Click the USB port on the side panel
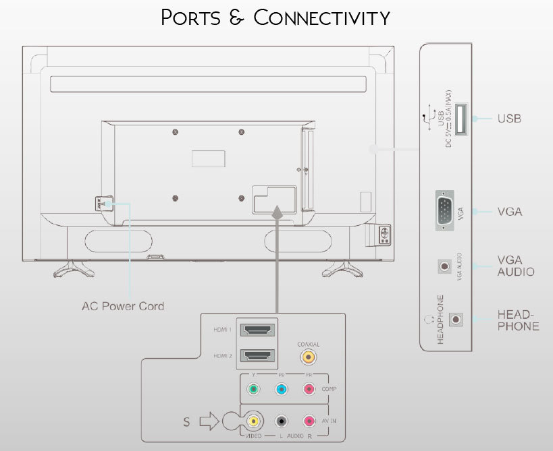pyautogui.click(x=463, y=120)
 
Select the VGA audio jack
pyautogui.click(x=444, y=266)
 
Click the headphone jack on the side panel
pyautogui.click(x=458, y=319)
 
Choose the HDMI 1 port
pyautogui.click(x=257, y=330)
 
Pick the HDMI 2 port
pyautogui.click(x=257, y=355)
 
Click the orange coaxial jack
pyautogui.click(x=309, y=359)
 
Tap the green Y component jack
pyautogui.click(x=253, y=389)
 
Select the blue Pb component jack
pyautogui.click(x=282, y=389)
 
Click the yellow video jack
pyautogui.click(x=253, y=421)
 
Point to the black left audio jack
pyautogui.click(x=282, y=421)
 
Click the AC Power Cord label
pyautogui.click(x=123, y=306)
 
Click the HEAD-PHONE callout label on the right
pyautogui.click(x=518, y=320)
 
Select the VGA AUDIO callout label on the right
pyautogui.click(x=515, y=266)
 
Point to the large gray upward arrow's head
pyautogui.click(x=277, y=211)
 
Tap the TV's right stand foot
pyautogui.click(x=342, y=268)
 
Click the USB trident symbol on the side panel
pyautogui.click(x=425, y=119)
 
